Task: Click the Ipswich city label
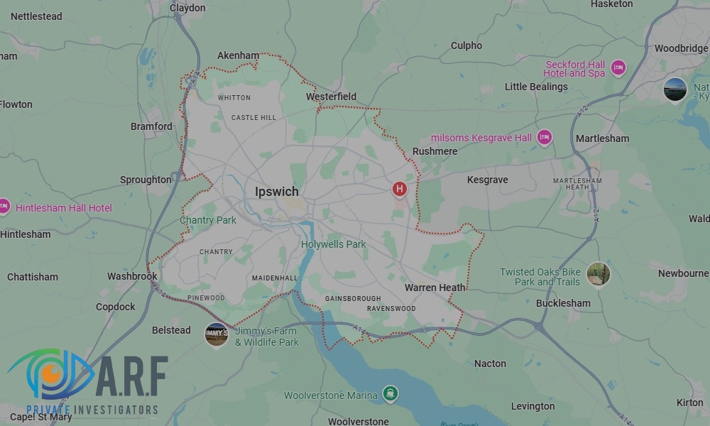pyautogui.click(x=277, y=192)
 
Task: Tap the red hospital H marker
pyautogui.click(x=400, y=189)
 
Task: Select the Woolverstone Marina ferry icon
pyautogui.click(x=390, y=393)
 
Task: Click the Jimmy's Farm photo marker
pyautogui.click(x=216, y=334)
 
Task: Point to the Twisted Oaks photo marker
pyautogui.click(x=599, y=274)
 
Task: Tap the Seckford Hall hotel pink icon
pyautogui.click(x=618, y=67)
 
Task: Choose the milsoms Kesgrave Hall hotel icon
pyautogui.click(x=544, y=137)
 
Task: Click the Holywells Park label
pyautogui.click(x=334, y=244)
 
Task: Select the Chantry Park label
pyautogui.click(x=208, y=220)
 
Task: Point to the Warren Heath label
pyautogui.click(x=435, y=288)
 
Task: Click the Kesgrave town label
pyautogui.click(x=488, y=180)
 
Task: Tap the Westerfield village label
pyautogui.click(x=331, y=97)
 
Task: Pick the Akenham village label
pyautogui.click(x=238, y=55)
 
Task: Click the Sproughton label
pyautogui.click(x=146, y=180)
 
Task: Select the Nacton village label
pyautogui.click(x=490, y=364)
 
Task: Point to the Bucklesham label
pyautogui.click(x=563, y=303)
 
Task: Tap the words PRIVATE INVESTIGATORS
pyautogui.click(x=92, y=410)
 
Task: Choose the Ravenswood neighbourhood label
pyautogui.click(x=391, y=309)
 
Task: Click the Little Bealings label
pyautogui.click(x=536, y=87)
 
